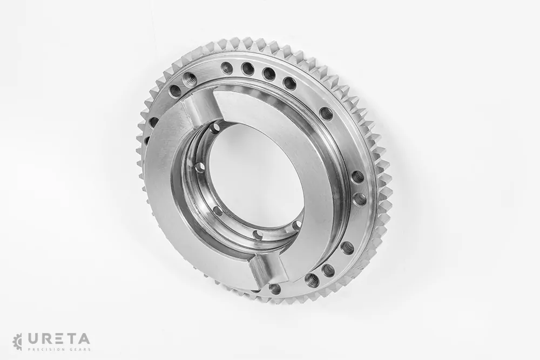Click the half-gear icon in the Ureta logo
point(17,341)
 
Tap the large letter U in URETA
point(32,338)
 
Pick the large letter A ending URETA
point(84,338)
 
